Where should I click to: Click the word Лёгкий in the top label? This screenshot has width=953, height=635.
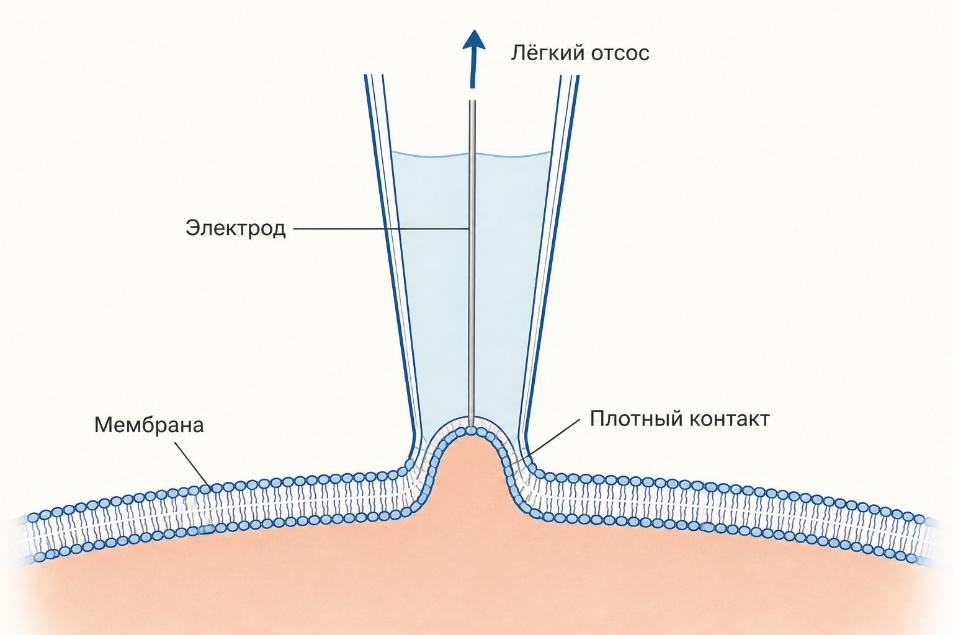[x=542, y=52]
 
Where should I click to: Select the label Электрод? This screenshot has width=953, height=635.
[x=235, y=228]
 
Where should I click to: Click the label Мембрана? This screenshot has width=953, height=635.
[x=149, y=425]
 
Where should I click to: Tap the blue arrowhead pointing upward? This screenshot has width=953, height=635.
[x=473, y=40]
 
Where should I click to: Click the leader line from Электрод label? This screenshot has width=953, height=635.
[x=381, y=229]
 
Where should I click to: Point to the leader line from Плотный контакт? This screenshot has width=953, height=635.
[x=553, y=439]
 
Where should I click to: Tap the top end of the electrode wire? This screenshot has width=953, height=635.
[x=472, y=101]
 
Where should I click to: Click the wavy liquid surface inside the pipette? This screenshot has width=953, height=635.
[x=472, y=154]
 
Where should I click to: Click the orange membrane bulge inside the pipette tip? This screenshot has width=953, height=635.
[x=470, y=468]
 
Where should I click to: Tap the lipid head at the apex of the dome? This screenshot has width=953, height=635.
[x=471, y=430]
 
